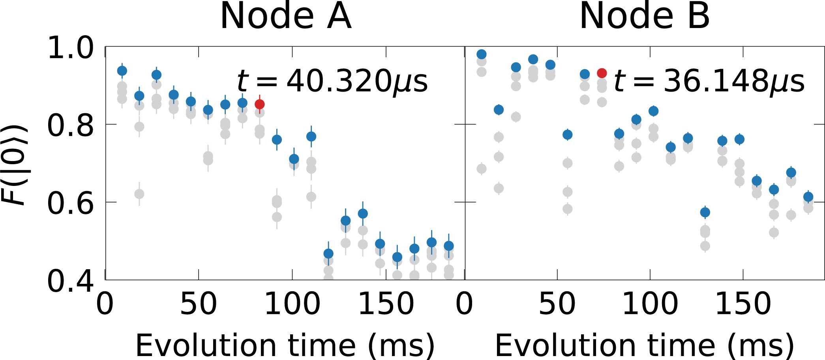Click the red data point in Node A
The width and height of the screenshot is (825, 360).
[x=259, y=104]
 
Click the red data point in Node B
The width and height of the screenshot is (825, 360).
[x=602, y=73]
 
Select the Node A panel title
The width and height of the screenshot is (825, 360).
[x=285, y=17]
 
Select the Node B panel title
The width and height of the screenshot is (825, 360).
[x=644, y=17]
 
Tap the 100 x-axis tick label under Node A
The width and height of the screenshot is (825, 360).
[x=292, y=304]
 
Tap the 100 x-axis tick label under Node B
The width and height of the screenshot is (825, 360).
[x=650, y=304]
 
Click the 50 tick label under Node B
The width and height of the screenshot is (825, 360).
[x=557, y=304]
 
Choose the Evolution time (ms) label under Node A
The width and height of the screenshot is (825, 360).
[x=285, y=345]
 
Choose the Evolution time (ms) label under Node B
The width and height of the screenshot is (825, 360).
[x=644, y=345]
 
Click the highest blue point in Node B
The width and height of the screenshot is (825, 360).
[x=481, y=54]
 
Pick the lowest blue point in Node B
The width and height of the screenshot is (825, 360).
[x=705, y=212]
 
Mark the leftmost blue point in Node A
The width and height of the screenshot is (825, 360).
[x=122, y=71]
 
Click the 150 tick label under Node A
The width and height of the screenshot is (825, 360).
[x=386, y=304]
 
